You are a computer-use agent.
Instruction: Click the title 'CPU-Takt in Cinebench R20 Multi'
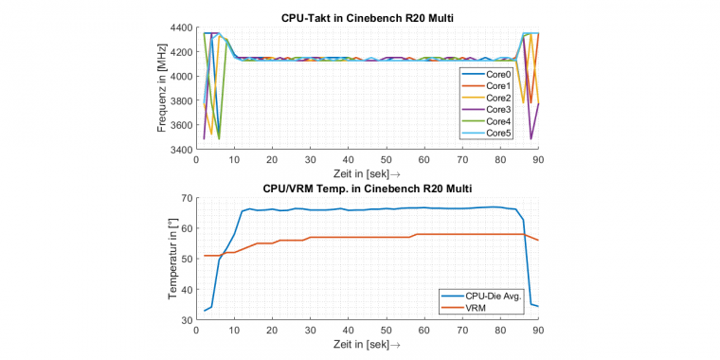coord(367,18)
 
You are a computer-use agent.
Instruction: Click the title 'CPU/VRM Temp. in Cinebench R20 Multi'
coord(367,189)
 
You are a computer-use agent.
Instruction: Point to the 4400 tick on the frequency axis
coord(182,27)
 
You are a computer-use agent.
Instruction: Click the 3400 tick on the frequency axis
coord(182,150)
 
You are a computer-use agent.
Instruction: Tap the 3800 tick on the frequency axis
coord(182,101)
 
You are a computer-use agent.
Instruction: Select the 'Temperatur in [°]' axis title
coord(172,259)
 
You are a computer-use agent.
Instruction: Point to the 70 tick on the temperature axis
coord(187,198)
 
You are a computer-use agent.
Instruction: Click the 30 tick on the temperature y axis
coord(187,320)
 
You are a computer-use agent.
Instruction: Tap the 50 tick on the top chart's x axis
coord(387,159)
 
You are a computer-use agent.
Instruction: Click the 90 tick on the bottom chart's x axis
coord(539,330)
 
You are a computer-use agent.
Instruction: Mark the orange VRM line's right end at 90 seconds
coord(539,240)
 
